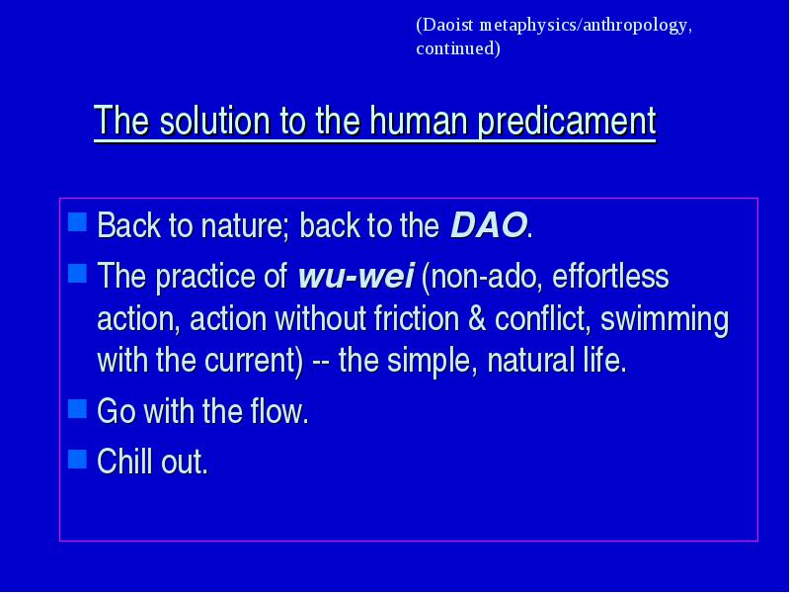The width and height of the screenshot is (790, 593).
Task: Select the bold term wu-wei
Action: pos(356,276)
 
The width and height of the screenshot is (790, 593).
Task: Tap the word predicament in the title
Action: pos(567,122)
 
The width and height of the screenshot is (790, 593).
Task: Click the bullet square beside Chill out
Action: pos(77,459)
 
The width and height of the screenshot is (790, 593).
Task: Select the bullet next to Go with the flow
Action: pos(77,409)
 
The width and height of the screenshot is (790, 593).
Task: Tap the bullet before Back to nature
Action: pos(77,221)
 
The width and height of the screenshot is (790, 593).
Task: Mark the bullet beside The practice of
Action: pos(77,274)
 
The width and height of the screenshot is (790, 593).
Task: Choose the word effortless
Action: pos(610,276)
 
